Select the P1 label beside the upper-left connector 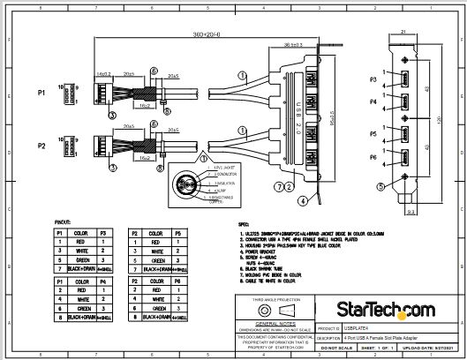[41, 92]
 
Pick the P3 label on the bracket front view [374, 79]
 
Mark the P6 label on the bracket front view [374, 156]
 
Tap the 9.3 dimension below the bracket [412, 212]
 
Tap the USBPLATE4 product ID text [357, 326]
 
